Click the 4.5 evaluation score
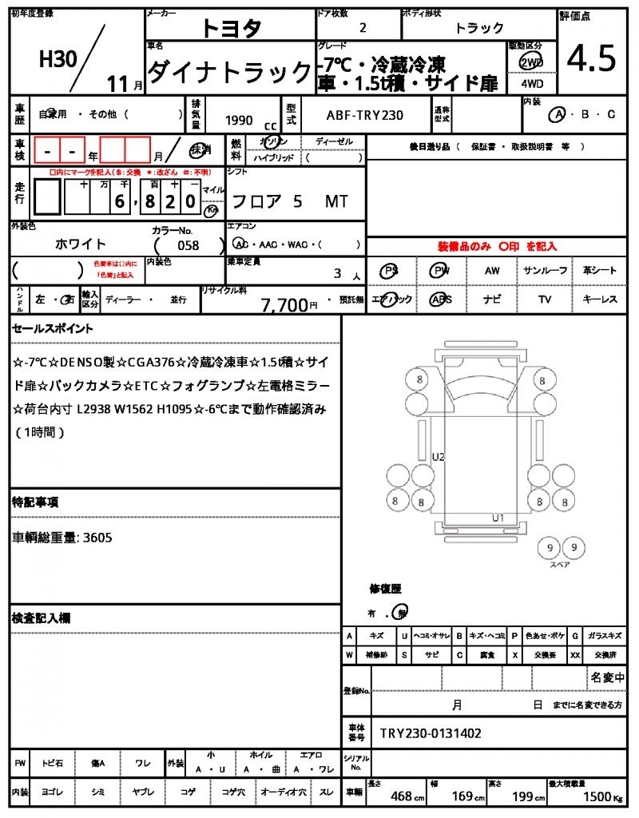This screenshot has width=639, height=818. (592, 59)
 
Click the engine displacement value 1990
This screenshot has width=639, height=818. (240, 121)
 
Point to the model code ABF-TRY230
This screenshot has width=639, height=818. (364, 115)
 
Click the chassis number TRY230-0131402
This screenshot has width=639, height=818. (431, 733)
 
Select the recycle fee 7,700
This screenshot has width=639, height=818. (284, 304)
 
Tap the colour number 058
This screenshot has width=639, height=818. (189, 245)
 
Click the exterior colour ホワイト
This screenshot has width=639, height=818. (81, 244)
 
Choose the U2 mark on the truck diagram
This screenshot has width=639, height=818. (438, 457)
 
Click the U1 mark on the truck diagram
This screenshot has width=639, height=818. (498, 518)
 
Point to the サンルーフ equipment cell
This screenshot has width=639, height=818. (546, 271)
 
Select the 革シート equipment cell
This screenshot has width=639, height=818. (600, 271)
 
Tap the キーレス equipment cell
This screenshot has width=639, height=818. (600, 300)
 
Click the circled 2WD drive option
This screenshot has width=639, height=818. (530, 62)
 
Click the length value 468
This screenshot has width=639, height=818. (401, 796)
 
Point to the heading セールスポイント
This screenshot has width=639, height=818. (52, 328)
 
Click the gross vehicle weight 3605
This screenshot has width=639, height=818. (97, 538)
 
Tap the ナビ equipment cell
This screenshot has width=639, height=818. (492, 300)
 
